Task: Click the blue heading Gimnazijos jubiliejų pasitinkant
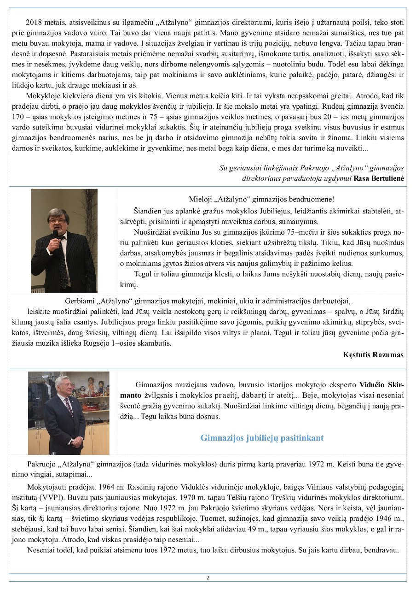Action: (262, 438)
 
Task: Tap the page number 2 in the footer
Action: (208, 578)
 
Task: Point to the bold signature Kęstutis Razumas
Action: (373, 354)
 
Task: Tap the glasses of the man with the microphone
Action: (58, 221)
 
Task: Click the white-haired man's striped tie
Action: (69, 406)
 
